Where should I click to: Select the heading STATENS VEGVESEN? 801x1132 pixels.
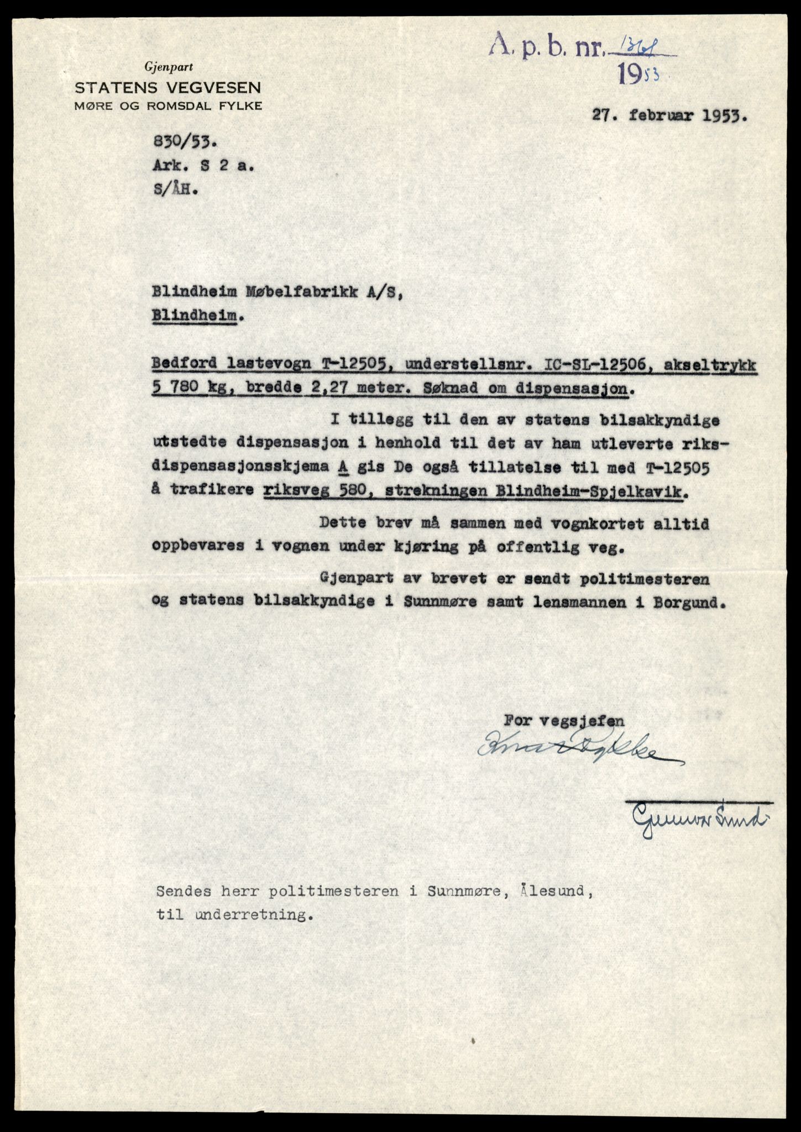pos(168,87)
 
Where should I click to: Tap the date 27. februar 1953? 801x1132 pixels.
pos(668,116)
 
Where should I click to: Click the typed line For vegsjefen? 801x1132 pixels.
pos(564,721)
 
